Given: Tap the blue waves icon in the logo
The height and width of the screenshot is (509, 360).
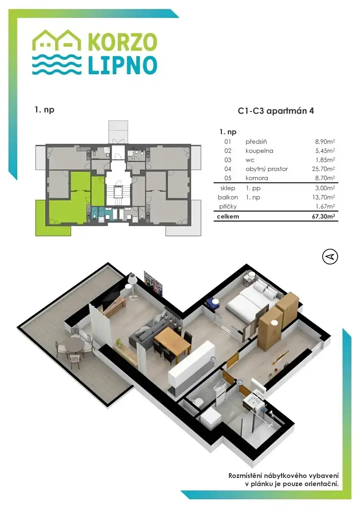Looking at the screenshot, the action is click(56, 64).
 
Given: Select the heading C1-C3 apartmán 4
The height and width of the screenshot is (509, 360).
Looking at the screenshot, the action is click(276, 111).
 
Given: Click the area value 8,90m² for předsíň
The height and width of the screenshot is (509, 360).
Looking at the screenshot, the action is click(325, 142).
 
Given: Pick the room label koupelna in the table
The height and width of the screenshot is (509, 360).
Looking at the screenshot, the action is click(259, 151).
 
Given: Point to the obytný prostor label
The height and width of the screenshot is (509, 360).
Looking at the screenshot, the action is click(267, 169).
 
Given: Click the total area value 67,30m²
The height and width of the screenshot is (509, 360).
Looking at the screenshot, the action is click(324, 216).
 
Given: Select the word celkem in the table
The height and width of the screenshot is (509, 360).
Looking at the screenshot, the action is click(228, 216).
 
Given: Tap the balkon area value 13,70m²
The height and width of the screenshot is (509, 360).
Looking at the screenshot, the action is click(324, 197).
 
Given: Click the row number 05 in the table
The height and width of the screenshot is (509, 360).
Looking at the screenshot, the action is click(228, 178).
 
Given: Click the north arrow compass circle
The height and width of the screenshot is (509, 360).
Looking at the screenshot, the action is click(330, 257).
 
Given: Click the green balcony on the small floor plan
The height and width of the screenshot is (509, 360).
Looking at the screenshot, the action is click(53, 218).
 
